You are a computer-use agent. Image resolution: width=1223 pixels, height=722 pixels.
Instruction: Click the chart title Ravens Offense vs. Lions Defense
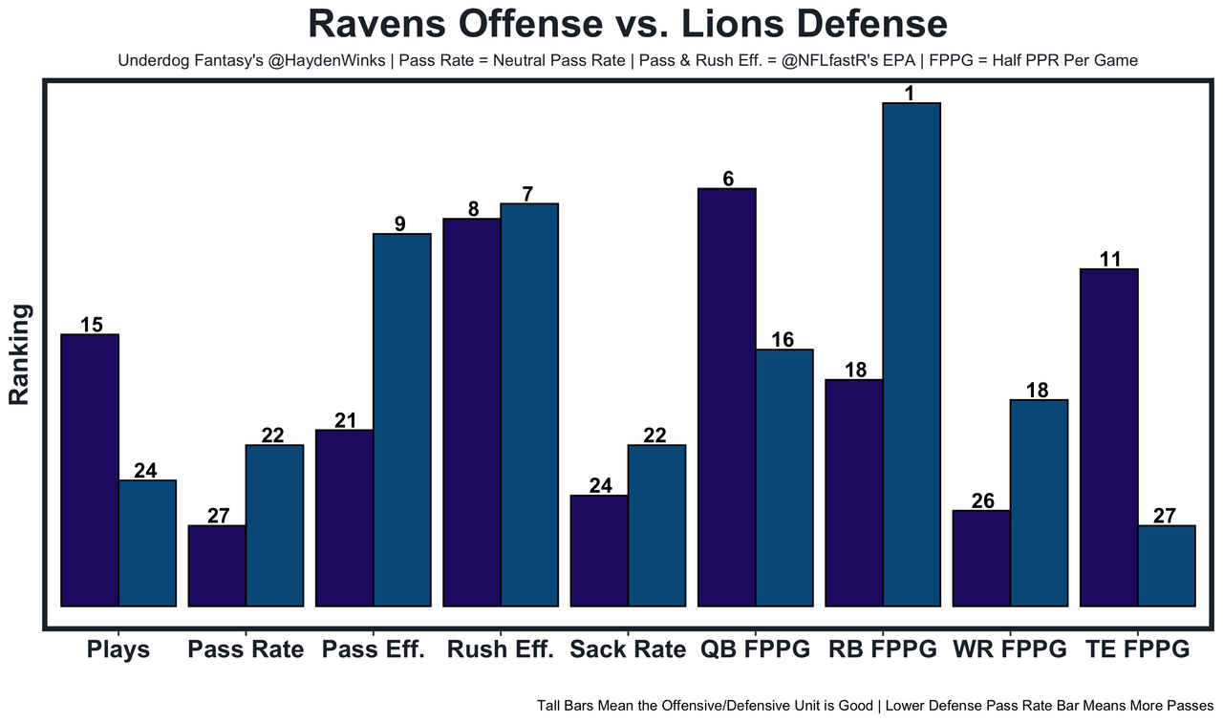(628, 24)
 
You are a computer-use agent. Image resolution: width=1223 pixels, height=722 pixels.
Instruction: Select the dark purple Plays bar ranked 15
(90, 470)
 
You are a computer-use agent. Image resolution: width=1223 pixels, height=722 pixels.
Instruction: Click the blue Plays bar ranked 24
(147, 542)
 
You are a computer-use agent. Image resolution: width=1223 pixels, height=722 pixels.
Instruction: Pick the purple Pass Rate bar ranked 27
(217, 565)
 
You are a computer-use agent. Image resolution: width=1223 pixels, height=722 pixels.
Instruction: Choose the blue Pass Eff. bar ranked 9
(402, 419)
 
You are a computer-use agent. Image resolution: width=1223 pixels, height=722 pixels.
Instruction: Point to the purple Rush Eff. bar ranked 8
(472, 412)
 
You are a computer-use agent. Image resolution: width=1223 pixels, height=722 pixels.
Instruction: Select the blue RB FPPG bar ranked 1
(912, 354)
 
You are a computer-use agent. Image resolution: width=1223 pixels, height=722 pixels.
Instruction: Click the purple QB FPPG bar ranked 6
(727, 396)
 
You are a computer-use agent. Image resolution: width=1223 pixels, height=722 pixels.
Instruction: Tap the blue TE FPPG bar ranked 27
(1167, 565)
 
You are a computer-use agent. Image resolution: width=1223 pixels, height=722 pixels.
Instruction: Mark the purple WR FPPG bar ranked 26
(981, 558)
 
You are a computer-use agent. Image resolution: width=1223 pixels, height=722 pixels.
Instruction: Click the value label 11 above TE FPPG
(1108, 259)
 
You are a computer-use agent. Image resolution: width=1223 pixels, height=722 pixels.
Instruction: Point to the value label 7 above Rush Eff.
(528, 193)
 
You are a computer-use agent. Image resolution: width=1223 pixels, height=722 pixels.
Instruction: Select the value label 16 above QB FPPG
(784, 339)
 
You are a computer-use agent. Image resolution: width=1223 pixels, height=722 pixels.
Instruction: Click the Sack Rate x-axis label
(628, 650)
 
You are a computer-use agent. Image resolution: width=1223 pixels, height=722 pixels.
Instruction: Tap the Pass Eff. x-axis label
(374, 650)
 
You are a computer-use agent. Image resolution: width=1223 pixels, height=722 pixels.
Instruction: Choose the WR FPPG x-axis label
(1010, 650)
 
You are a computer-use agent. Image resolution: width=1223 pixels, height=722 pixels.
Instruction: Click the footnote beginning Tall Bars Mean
(875, 706)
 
